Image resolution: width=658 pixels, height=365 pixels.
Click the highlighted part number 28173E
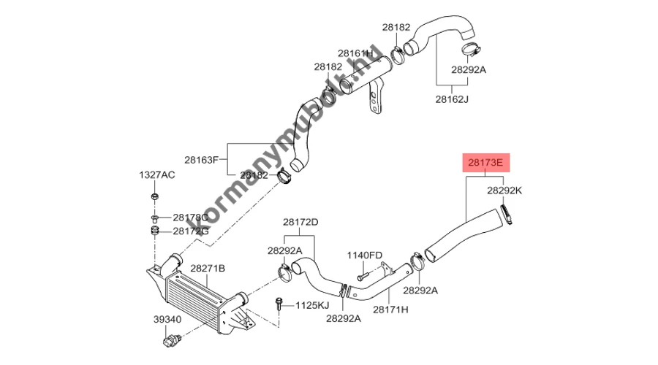pos(484,161)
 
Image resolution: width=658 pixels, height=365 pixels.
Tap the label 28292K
pos(504,191)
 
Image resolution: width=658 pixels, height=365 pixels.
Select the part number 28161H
pos(355,53)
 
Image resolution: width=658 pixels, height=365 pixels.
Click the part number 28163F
pos(202,159)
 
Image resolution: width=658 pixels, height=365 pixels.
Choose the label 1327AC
pos(157,175)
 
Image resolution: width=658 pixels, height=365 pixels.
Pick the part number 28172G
pos(191,231)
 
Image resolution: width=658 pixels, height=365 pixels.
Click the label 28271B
pos(208,269)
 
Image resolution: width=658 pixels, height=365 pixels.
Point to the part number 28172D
pos(300,221)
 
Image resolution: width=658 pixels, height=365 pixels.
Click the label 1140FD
pos(364,255)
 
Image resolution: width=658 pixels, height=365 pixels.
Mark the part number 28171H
pos(390,309)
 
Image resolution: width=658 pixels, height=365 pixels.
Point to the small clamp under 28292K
pos(504,215)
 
